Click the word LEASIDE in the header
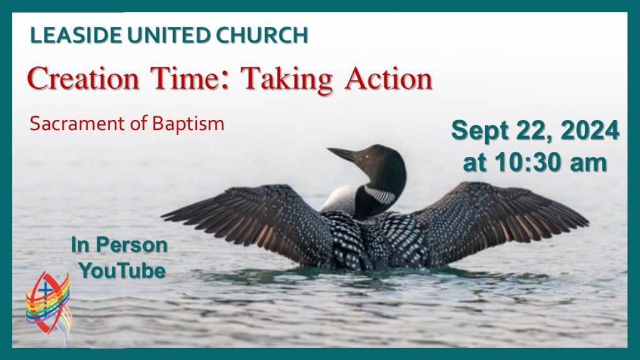[76, 35]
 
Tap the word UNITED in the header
[169, 35]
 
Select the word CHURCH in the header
[262, 35]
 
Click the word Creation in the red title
[83, 78]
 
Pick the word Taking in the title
[286, 79]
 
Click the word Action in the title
[388, 78]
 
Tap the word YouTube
[122, 271]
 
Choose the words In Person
[119, 245]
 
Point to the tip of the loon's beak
[328, 149]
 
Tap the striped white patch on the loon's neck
[380, 195]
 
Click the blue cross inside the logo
[45, 290]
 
